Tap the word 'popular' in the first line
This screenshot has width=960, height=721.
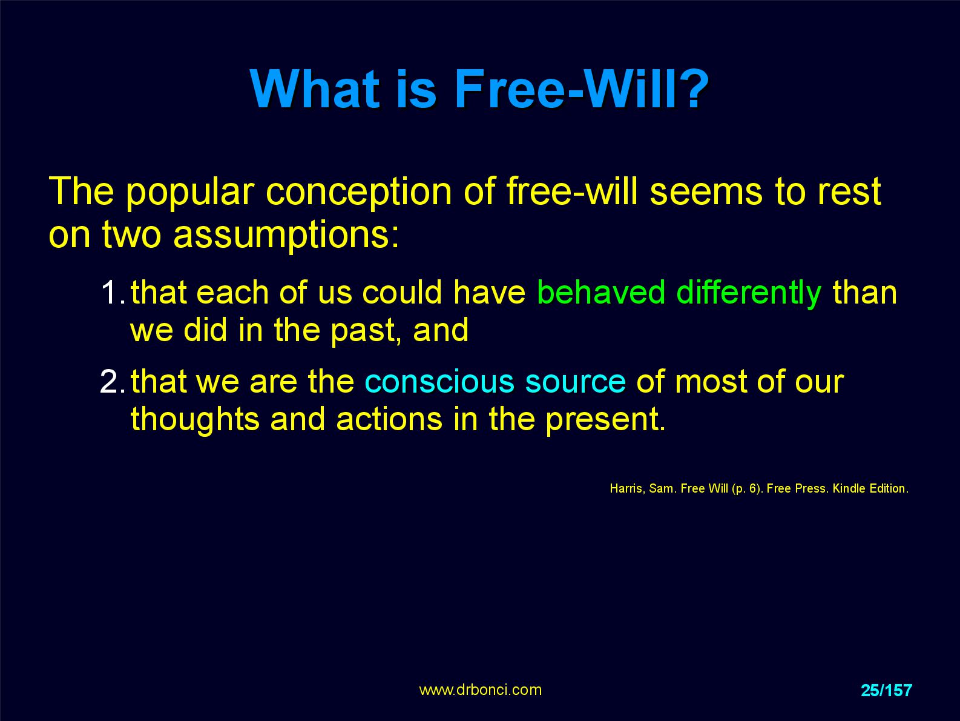tap(190, 193)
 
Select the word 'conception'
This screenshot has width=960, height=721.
tap(358, 193)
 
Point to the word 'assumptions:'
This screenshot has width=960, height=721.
tap(286, 235)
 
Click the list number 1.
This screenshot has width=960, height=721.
tap(113, 293)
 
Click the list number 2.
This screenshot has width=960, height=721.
tap(113, 381)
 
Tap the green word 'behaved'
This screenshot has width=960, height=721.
tap(601, 292)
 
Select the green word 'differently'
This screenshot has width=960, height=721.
tap(749, 293)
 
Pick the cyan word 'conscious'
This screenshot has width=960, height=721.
tap(439, 381)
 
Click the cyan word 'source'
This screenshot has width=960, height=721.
tap(576, 382)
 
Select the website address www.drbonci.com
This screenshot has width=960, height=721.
tap(480, 690)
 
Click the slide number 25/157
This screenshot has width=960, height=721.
tap(886, 690)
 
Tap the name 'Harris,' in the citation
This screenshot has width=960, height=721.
tap(628, 488)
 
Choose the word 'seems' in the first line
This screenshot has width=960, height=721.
tap(706, 193)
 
